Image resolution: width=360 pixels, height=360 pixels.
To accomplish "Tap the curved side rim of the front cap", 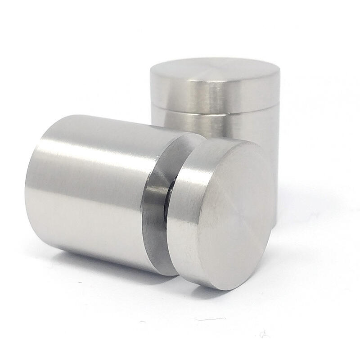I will tap(182, 211).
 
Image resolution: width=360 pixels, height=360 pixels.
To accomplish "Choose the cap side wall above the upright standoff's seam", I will tap(211, 94).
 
